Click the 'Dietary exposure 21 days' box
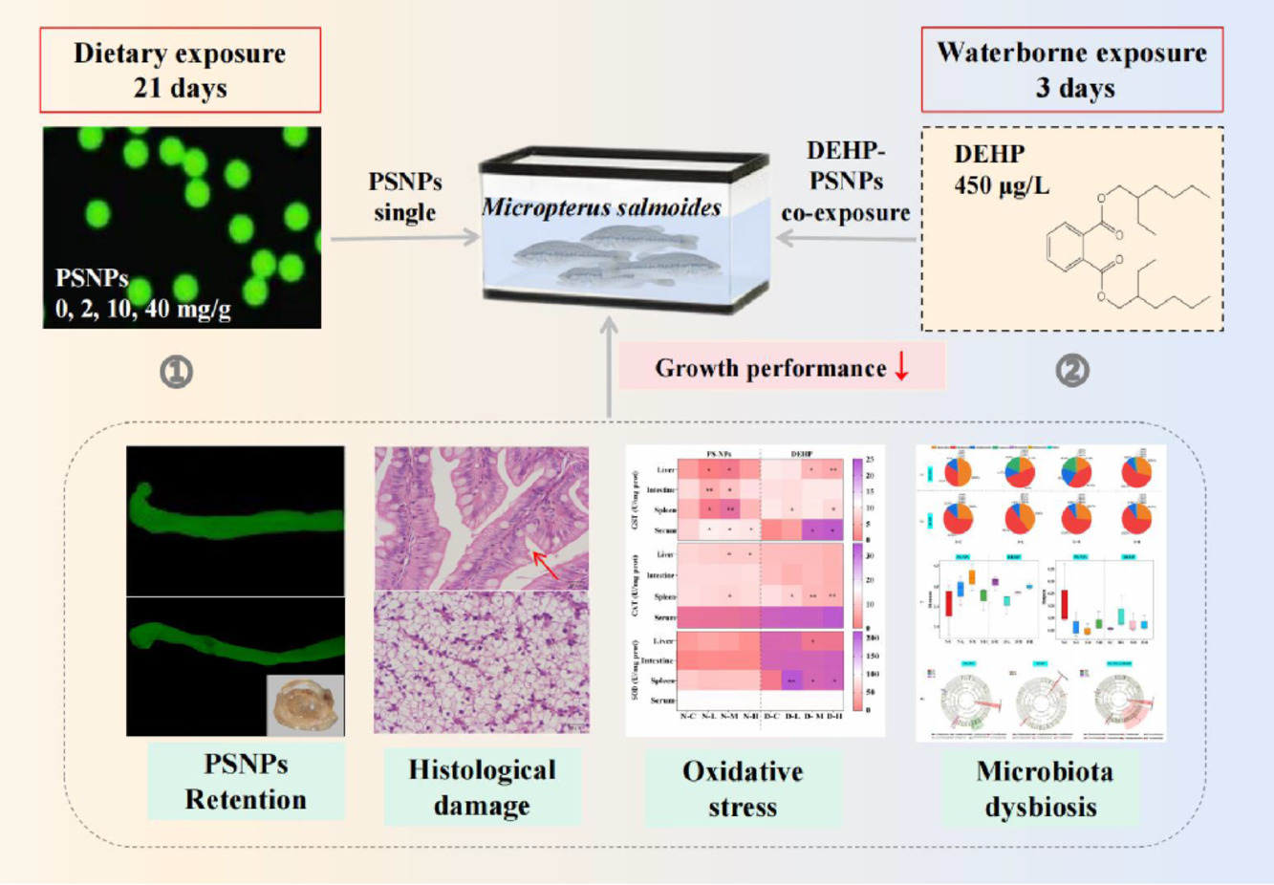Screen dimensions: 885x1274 coord(180,70)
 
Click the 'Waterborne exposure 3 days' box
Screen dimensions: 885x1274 coord(1071,70)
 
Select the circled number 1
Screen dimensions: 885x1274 coord(176,371)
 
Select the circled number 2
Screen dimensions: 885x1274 coord(1071,370)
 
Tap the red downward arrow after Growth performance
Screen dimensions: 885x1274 coord(901,367)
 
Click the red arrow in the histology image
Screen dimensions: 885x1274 coord(546,565)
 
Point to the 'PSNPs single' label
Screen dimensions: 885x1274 coord(405,196)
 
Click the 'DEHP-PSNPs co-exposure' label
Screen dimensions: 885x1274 coord(845,181)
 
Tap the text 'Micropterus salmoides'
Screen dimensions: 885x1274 coord(601,207)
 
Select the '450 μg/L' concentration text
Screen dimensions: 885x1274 coord(1001,184)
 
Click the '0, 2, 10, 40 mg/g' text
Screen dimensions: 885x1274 coord(143,309)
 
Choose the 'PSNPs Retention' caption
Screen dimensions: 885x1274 coord(246,782)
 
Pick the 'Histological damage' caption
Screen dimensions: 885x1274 coord(482,788)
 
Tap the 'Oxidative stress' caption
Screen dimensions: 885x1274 coord(743,788)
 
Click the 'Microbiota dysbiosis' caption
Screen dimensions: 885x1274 coord(1043,788)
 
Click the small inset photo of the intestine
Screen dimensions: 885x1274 coord(304,704)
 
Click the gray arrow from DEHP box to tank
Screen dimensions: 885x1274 coord(846,237)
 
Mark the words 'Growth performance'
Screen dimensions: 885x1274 coord(770,368)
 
